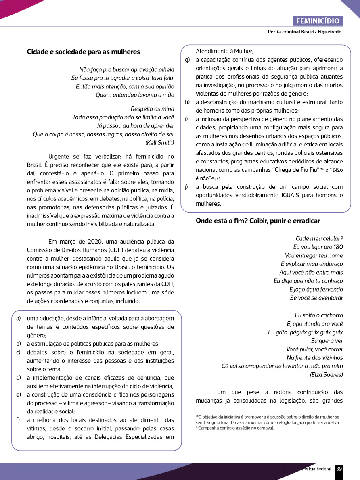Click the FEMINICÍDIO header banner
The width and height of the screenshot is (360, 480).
click(x=318, y=21)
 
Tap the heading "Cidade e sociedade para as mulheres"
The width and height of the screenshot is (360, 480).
click(x=84, y=52)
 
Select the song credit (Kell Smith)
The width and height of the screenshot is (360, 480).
click(x=159, y=142)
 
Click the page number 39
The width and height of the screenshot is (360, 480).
click(x=339, y=469)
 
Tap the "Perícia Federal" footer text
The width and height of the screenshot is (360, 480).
click(x=317, y=469)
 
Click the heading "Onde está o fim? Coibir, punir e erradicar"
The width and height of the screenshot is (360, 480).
click(x=258, y=221)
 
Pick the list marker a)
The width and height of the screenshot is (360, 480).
click(x=19, y=319)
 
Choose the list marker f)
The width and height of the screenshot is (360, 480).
click(x=19, y=420)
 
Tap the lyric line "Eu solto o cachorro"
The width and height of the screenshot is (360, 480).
click(x=318, y=315)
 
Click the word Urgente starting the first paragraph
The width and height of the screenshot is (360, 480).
click(x=59, y=157)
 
